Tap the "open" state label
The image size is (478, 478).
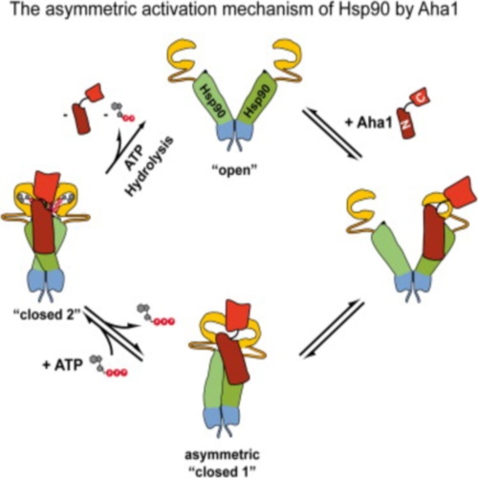click(234, 170)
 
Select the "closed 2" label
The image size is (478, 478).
click(47, 315)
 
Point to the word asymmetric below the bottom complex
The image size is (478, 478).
click(222, 455)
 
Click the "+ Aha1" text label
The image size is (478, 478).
click(369, 122)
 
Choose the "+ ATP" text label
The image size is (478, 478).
click(63, 364)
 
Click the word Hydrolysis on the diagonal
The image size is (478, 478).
click(150, 166)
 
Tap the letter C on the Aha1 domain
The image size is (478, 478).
click(421, 99)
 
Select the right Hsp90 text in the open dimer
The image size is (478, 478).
click(259, 102)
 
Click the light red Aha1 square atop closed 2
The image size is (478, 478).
click(47, 186)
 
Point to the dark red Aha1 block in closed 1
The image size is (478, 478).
click(232, 358)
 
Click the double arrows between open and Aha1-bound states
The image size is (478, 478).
click(333, 133)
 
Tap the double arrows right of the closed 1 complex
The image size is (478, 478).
click(332, 329)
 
